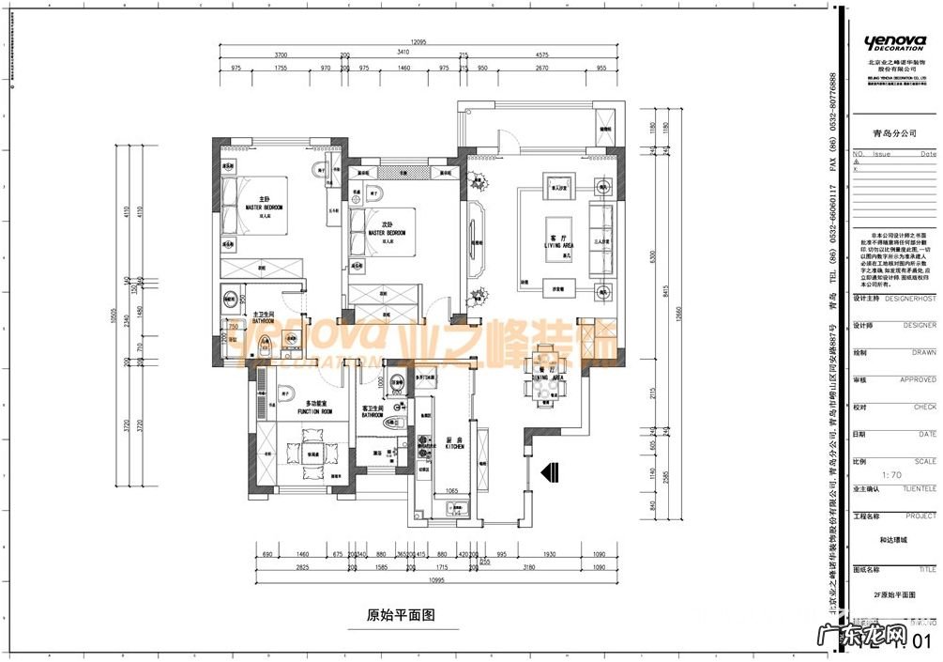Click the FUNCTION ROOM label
coord(314,410)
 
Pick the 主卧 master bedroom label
coord(264,202)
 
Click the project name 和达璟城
coord(892,541)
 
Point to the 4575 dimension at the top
coord(541,55)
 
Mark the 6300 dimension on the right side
coord(645,255)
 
